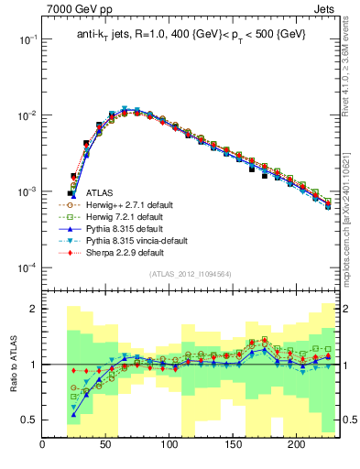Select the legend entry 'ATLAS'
(x=101, y=193)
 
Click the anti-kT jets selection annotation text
(x=190, y=34)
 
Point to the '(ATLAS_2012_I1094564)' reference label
(x=189, y=274)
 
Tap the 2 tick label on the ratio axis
(x=33, y=309)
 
